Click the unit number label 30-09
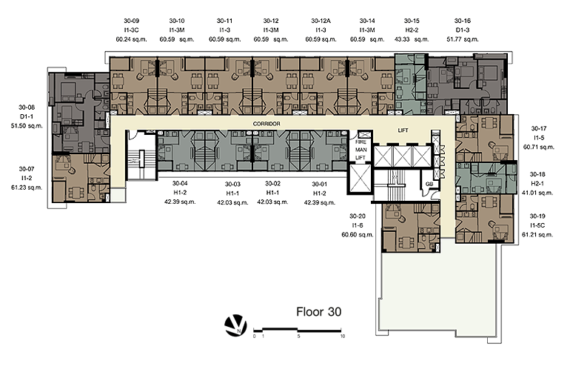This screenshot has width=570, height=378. click(x=131, y=21)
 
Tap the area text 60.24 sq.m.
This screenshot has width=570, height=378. click(x=131, y=39)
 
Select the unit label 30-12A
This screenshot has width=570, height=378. click(x=321, y=21)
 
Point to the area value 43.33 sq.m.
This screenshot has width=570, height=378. click(x=412, y=39)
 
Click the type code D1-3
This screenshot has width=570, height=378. click(x=463, y=30)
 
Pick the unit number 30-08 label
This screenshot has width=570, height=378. click(x=27, y=107)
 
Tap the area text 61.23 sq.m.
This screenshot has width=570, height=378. click(x=27, y=188)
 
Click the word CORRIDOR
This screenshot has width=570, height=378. click(x=266, y=124)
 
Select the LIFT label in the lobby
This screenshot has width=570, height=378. click(x=403, y=130)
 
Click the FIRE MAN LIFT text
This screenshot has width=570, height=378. click(x=361, y=150)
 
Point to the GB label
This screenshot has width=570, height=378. click(x=429, y=184)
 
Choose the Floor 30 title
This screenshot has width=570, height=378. click(x=319, y=312)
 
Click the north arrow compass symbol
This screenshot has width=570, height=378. click(x=235, y=325)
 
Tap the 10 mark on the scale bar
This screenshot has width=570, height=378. click(x=343, y=336)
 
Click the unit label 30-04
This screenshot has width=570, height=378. click(x=180, y=183)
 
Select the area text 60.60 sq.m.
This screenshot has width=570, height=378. click(x=358, y=235)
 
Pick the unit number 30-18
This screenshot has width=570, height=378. click(x=537, y=174)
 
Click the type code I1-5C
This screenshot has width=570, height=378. click(x=537, y=225)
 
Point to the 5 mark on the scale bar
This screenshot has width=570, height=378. click(x=298, y=336)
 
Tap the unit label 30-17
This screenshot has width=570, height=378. click(x=539, y=128)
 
